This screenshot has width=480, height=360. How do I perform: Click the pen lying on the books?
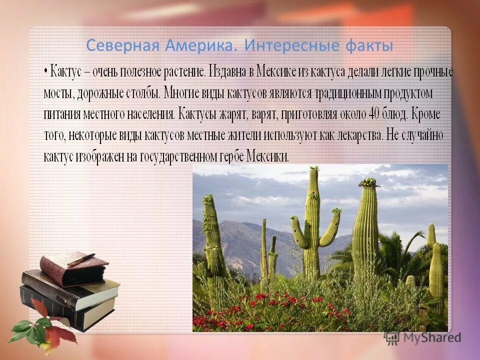(80, 260)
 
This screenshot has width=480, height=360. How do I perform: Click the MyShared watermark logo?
(422, 337)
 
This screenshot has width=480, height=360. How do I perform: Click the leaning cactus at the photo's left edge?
(212, 235)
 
